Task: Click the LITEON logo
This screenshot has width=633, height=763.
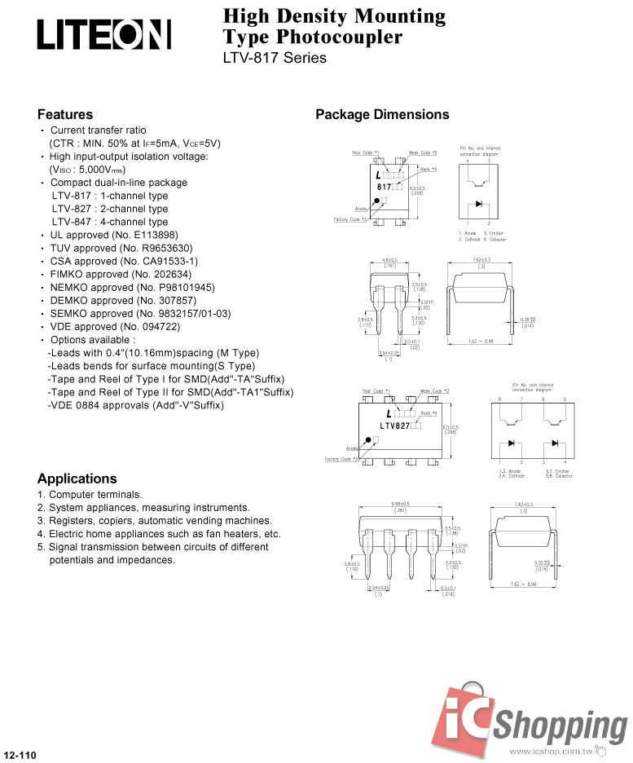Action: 103,35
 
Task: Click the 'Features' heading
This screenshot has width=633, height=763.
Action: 65,114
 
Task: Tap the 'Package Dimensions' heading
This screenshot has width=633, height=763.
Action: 382,114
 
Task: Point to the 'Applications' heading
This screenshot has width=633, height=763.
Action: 77,479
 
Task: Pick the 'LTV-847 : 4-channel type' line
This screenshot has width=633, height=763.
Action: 110,222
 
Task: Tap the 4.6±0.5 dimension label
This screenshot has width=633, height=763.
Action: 389,260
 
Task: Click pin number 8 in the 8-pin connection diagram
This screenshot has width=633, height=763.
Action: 500,399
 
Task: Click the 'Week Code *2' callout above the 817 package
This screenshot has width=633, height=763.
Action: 423,152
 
